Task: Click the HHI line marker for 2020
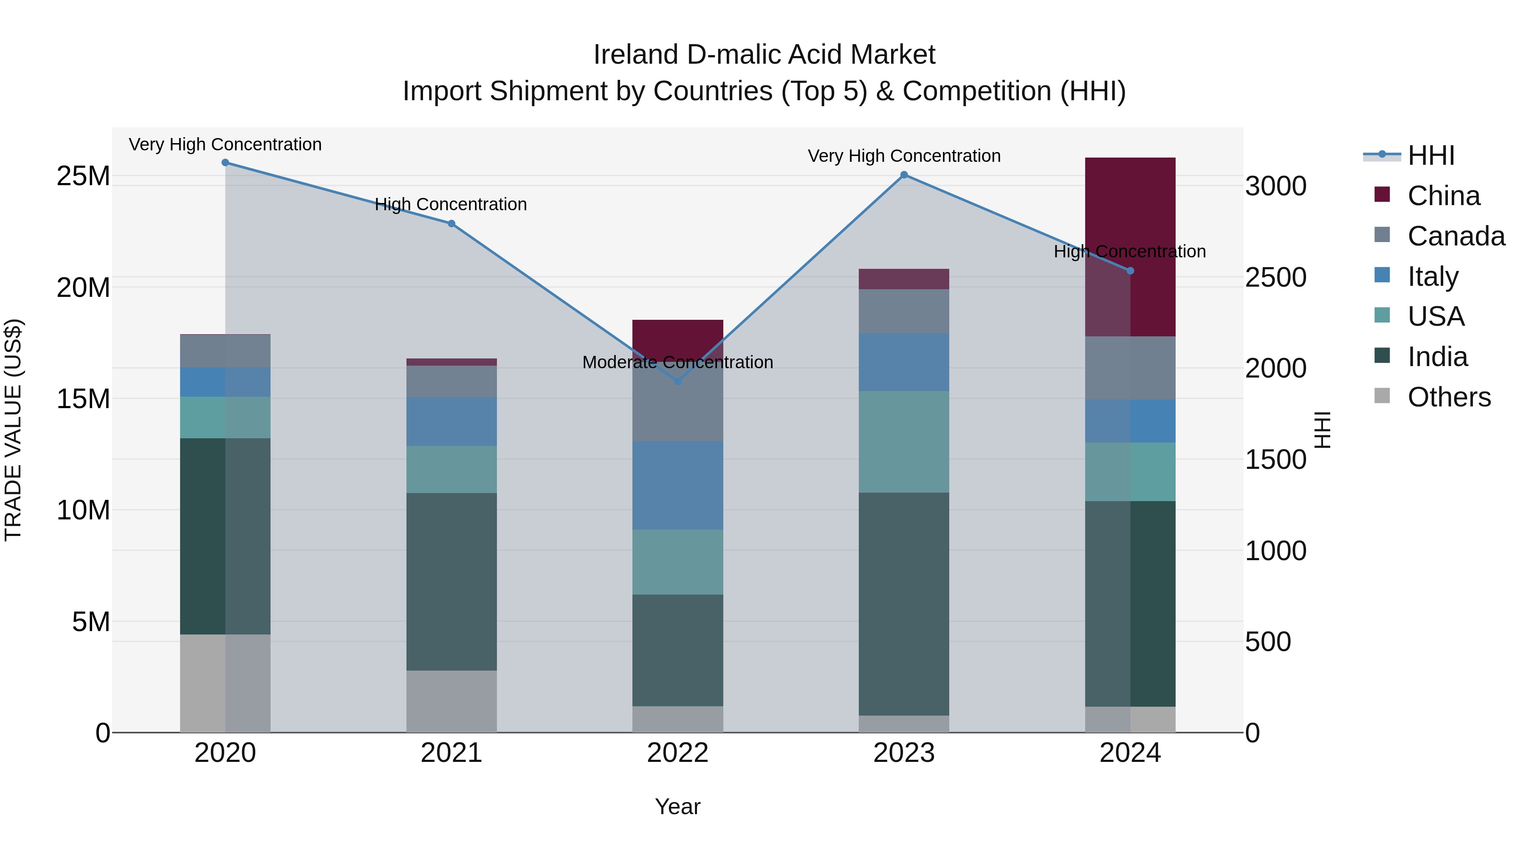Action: [225, 163]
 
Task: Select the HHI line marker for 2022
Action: [678, 381]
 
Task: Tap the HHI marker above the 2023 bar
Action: [904, 175]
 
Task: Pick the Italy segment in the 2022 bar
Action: [678, 485]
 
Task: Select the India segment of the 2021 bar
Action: [452, 582]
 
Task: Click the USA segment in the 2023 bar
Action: [904, 442]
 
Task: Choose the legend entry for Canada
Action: [1456, 236]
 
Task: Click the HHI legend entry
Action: [1430, 155]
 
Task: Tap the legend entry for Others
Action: [1448, 397]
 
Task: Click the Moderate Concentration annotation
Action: [678, 362]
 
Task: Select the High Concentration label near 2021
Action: [451, 204]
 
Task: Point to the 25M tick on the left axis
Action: [83, 176]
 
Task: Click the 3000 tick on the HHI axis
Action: [1275, 186]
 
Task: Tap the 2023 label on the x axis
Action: [904, 753]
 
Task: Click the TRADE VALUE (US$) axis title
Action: [13, 430]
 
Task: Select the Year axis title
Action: [678, 806]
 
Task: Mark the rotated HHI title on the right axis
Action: [1323, 430]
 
